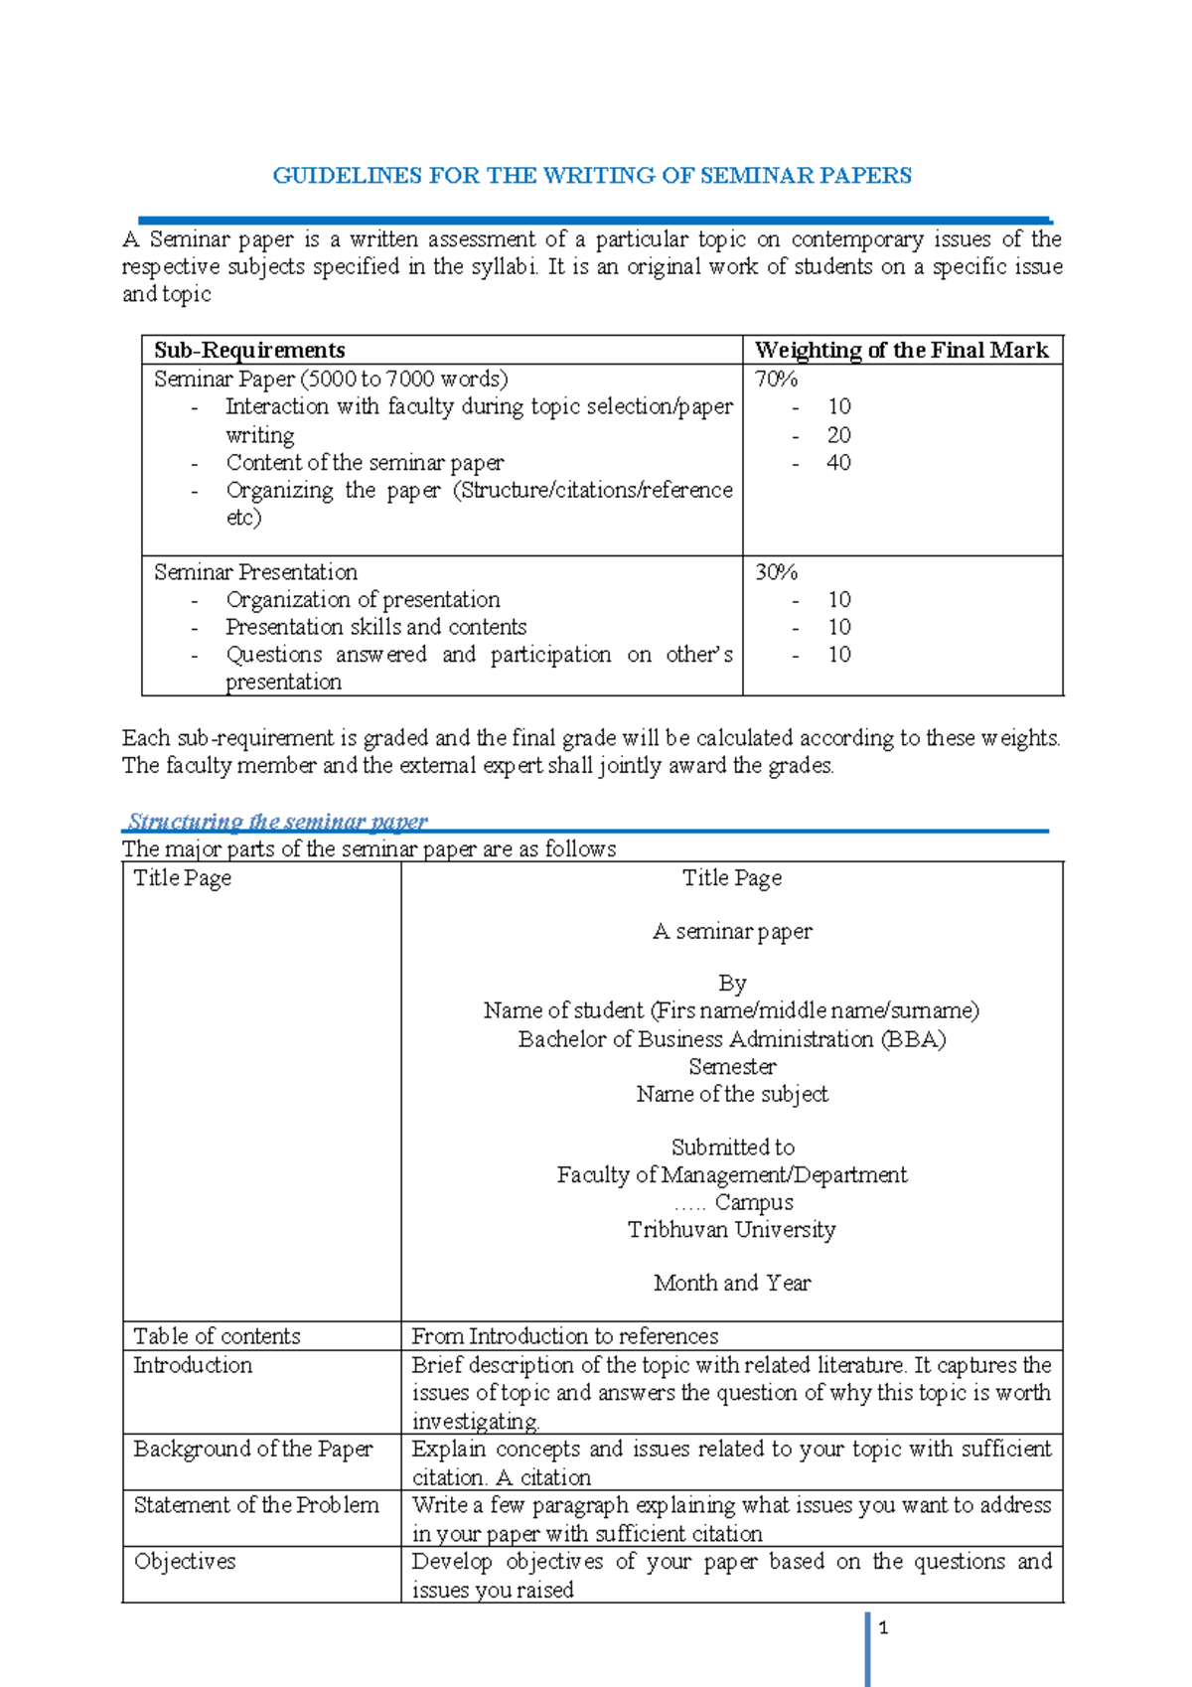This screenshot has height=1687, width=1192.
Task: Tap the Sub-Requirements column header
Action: coord(249,350)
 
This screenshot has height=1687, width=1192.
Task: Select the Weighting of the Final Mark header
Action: coord(901,350)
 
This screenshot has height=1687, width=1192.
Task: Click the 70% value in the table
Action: coord(776,379)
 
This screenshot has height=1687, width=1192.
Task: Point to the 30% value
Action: coord(776,572)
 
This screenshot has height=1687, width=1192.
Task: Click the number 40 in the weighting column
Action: coord(838,463)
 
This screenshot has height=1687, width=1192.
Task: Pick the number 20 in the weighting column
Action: coord(838,435)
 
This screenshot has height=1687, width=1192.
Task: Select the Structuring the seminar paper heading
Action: coord(278,822)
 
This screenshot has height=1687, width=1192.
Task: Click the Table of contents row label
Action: coord(217,1336)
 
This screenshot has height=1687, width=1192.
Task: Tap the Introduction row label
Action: coord(193,1365)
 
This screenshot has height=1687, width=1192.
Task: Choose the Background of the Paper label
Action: coord(253,1449)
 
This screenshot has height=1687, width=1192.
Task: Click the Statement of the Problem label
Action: coord(256,1505)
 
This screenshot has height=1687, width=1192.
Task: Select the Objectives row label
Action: coord(185,1562)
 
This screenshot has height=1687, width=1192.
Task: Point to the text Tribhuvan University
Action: coord(732,1230)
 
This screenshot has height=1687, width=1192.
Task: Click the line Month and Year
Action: coord(732,1283)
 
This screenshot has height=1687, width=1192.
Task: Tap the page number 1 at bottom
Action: coord(883,1627)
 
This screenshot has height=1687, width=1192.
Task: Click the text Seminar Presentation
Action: coord(255,572)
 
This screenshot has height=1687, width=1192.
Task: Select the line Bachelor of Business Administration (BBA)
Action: coord(732,1039)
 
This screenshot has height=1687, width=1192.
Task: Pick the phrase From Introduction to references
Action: coord(565,1336)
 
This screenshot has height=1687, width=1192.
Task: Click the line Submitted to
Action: coord(732,1148)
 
